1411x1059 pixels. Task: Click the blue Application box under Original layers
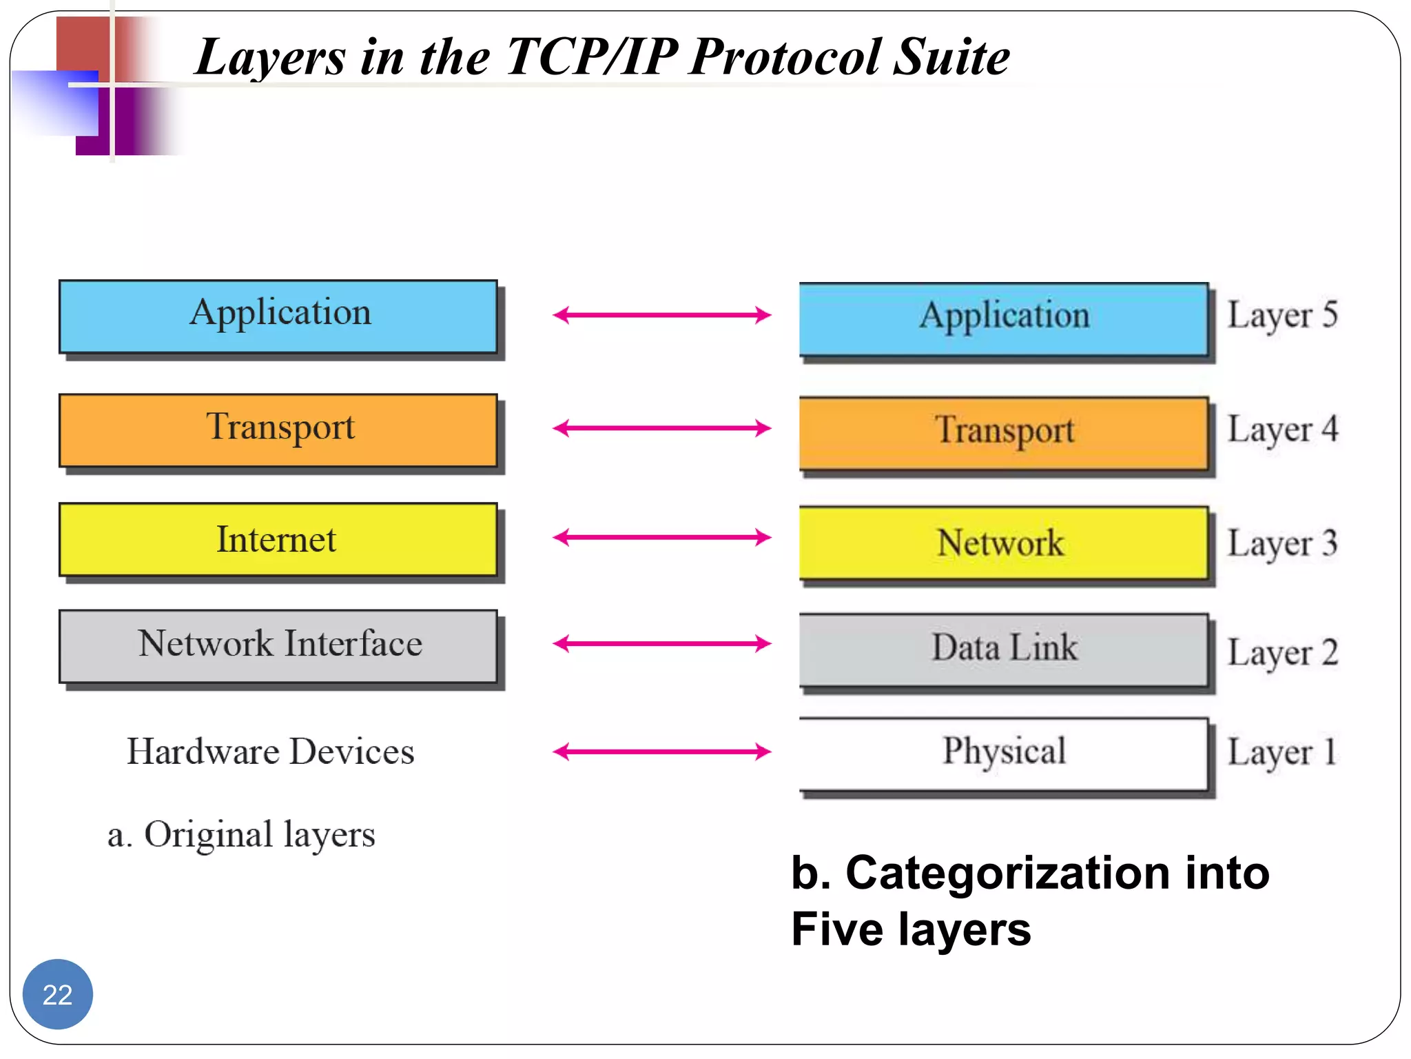point(278,316)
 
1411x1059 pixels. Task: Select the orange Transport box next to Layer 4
point(1003,432)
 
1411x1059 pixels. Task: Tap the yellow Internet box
point(278,539)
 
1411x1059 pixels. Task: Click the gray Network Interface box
point(278,645)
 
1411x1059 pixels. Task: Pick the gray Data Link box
point(1003,649)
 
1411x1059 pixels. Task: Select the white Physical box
point(1003,753)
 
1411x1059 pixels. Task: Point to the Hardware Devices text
point(271,752)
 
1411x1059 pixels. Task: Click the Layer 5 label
point(1282,316)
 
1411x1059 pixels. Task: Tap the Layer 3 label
point(1282,544)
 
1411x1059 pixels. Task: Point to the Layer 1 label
point(1282,752)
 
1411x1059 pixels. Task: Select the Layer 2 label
point(1282,652)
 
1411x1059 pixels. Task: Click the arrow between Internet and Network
point(661,537)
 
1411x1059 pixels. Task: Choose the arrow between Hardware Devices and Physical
point(661,752)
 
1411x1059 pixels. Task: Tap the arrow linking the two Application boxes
point(661,315)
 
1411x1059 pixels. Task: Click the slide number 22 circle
point(58,994)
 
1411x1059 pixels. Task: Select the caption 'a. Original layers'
point(241,835)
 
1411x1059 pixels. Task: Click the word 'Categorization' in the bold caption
point(1008,874)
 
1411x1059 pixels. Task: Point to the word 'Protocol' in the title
point(785,57)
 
